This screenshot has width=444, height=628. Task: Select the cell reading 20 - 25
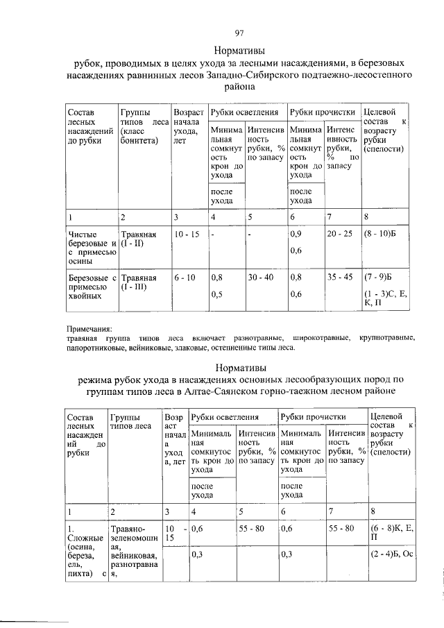pos(340,235)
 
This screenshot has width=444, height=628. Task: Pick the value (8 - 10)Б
pos(383,235)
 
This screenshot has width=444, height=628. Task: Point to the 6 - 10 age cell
pos(185,278)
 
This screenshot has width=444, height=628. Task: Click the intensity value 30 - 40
pos(261,278)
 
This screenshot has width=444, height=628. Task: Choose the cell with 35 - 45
pos(340,278)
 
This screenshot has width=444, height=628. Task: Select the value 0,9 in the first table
pos(295,235)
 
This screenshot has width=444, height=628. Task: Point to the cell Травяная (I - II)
pos(138,239)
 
